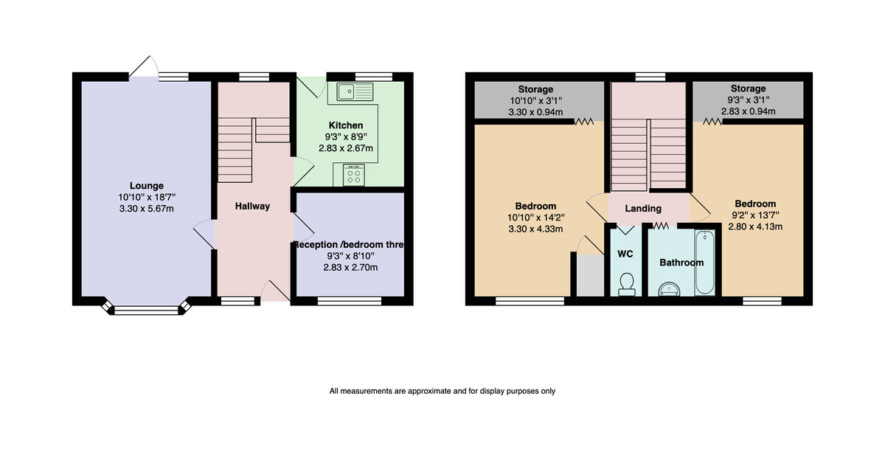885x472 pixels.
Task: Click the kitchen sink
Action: point(355,91)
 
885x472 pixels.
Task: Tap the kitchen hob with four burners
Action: point(354,175)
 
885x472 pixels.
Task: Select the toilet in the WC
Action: point(627,285)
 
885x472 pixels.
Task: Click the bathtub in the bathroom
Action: point(705,263)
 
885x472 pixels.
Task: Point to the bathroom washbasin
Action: point(670,289)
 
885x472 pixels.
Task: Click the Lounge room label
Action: point(147,186)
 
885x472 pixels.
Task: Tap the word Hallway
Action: point(252,206)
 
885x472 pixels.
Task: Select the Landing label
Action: point(643,209)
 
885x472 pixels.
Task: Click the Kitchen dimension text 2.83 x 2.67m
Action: point(346,148)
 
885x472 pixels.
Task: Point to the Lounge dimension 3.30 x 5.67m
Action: point(147,209)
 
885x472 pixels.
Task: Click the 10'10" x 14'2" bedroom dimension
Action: point(535,218)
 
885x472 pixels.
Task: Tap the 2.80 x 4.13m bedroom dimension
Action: point(755,226)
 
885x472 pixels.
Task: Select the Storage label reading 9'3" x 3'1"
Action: point(749,100)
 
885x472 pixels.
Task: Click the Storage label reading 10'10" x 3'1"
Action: point(535,101)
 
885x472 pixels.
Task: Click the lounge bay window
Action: point(147,309)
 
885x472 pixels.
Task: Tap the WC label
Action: point(625,254)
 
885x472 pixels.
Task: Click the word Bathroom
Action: point(681,263)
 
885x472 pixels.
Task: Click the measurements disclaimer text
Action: point(442,391)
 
